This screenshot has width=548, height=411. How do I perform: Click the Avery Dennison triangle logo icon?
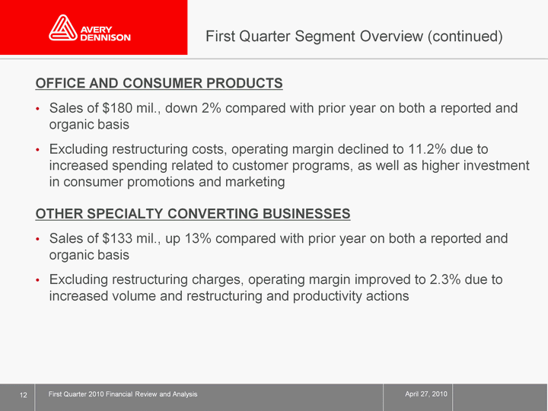63,27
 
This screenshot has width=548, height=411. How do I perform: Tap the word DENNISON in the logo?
105,37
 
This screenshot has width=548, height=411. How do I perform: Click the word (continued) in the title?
466,37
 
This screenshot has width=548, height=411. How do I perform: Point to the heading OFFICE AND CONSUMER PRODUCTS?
159,83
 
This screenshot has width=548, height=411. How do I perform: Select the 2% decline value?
211,108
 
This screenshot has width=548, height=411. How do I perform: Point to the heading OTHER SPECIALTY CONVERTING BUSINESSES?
193,214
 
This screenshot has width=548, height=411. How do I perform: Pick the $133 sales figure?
117,238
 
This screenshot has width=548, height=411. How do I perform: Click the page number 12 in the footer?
24,395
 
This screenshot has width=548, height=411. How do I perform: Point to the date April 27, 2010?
426,394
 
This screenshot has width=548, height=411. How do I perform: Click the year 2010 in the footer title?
96,394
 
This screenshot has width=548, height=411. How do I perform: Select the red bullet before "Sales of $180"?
38,109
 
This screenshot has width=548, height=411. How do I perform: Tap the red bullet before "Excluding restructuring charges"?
38,280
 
